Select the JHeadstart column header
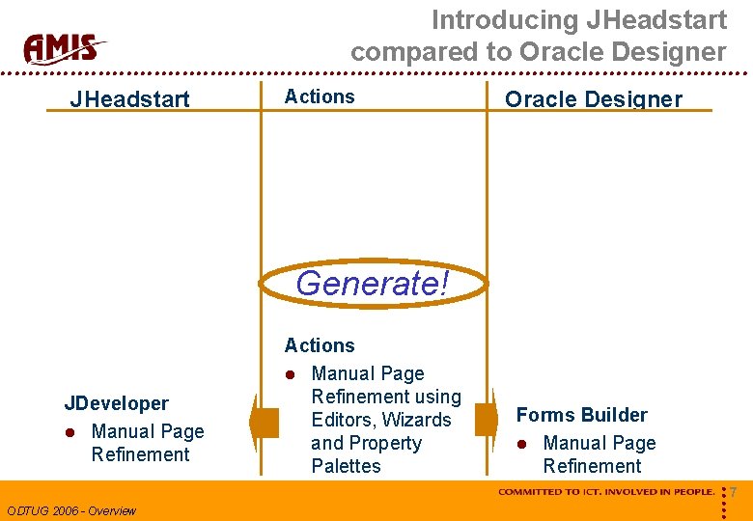[x=129, y=98]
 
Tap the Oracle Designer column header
[x=593, y=98]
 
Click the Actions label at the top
[x=320, y=96]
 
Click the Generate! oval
[x=373, y=284]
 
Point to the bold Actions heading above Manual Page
[x=320, y=345]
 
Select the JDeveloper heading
[x=116, y=403]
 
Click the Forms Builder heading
[x=581, y=415]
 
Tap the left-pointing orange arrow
[x=262, y=423]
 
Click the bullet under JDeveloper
[x=70, y=432]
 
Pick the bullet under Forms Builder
[x=521, y=444]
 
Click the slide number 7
[x=734, y=493]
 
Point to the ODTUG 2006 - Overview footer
[x=71, y=510]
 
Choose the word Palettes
[x=346, y=466]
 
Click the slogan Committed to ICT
[x=606, y=492]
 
